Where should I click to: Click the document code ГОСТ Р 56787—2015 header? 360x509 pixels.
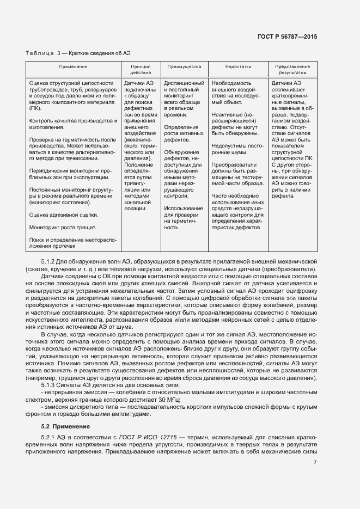point(288,36)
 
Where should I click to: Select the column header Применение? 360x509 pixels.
point(74,67)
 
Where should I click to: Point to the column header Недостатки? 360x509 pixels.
point(237,67)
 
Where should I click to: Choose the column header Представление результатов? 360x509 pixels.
point(292,69)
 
